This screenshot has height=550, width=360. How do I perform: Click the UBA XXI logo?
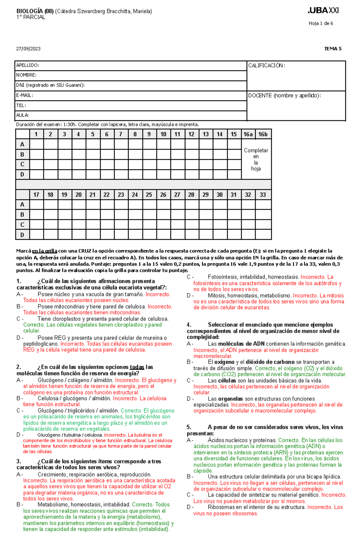[323, 10]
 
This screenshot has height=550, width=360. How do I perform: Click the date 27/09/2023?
[28, 49]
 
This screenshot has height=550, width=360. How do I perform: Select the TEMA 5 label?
[333, 49]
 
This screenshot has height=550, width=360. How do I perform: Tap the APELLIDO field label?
[27, 65]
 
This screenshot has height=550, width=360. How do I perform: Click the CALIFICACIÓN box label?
[266, 65]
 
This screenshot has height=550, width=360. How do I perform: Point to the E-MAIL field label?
[25, 95]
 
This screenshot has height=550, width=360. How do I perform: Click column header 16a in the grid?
[248, 134]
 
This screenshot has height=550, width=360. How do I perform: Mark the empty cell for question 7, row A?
[121, 144]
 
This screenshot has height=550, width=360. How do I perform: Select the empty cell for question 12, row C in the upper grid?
[191, 164]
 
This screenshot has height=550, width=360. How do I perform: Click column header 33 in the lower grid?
[263, 195]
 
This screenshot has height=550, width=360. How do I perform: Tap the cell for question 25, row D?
[149, 235]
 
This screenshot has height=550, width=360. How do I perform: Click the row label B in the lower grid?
[22, 215]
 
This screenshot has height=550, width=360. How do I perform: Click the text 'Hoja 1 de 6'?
[321, 23]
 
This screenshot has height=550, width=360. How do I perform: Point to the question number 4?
[189, 325]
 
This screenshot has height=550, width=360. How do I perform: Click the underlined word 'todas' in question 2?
[137, 367]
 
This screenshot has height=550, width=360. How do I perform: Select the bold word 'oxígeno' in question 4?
[224, 362]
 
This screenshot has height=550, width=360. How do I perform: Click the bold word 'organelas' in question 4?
[230, 399]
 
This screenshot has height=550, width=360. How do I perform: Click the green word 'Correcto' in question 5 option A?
[288, 440]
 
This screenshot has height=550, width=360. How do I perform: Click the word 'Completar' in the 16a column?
[256, 150]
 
